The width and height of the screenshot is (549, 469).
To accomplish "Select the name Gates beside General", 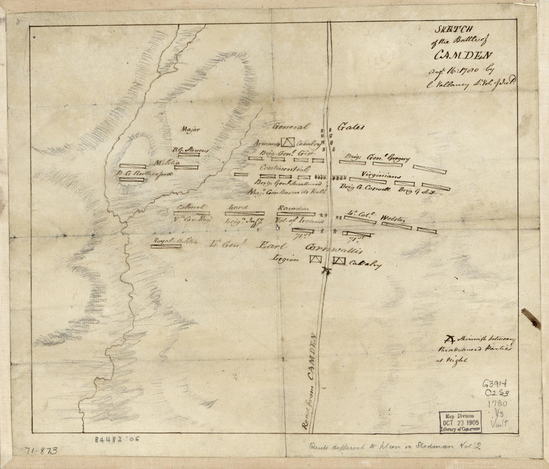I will pos(351,127).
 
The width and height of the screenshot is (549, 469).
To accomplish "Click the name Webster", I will pos(394,219).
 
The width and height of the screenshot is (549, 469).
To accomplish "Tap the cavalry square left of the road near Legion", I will pos(315,259).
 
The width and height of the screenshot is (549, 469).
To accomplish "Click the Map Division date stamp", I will pos(460,422).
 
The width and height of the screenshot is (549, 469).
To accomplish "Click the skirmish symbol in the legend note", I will pos(450,340).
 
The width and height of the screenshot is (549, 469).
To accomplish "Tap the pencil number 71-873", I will pos(41,451).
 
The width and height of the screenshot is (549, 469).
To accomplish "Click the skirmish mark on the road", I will pos(326,270).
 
